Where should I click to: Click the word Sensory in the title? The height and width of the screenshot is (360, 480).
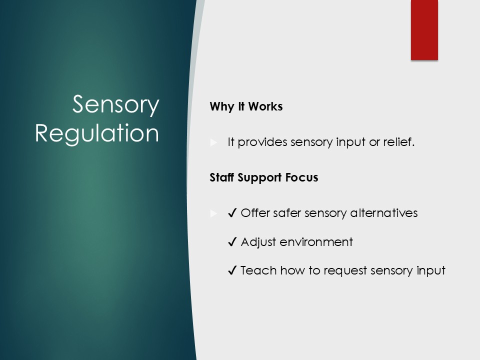click(115, 105)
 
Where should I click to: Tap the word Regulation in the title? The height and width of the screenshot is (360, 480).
click(97, 133)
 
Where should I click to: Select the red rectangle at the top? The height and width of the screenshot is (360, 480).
click(424, 30)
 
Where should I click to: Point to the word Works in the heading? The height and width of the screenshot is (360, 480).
click(265, 106)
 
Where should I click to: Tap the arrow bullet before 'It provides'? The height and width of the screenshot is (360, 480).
click(213, 142)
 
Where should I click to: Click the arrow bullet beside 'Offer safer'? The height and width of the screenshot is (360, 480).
click(213, 213)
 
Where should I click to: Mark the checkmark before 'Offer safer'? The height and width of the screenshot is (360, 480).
click(232, 213)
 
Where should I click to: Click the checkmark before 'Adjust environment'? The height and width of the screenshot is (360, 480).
click(232, 242)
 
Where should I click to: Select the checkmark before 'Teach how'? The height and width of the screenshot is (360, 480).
click(232, 270)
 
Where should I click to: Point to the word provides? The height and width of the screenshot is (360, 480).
click(262, 142)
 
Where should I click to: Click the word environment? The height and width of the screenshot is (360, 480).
click(316, 242)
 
